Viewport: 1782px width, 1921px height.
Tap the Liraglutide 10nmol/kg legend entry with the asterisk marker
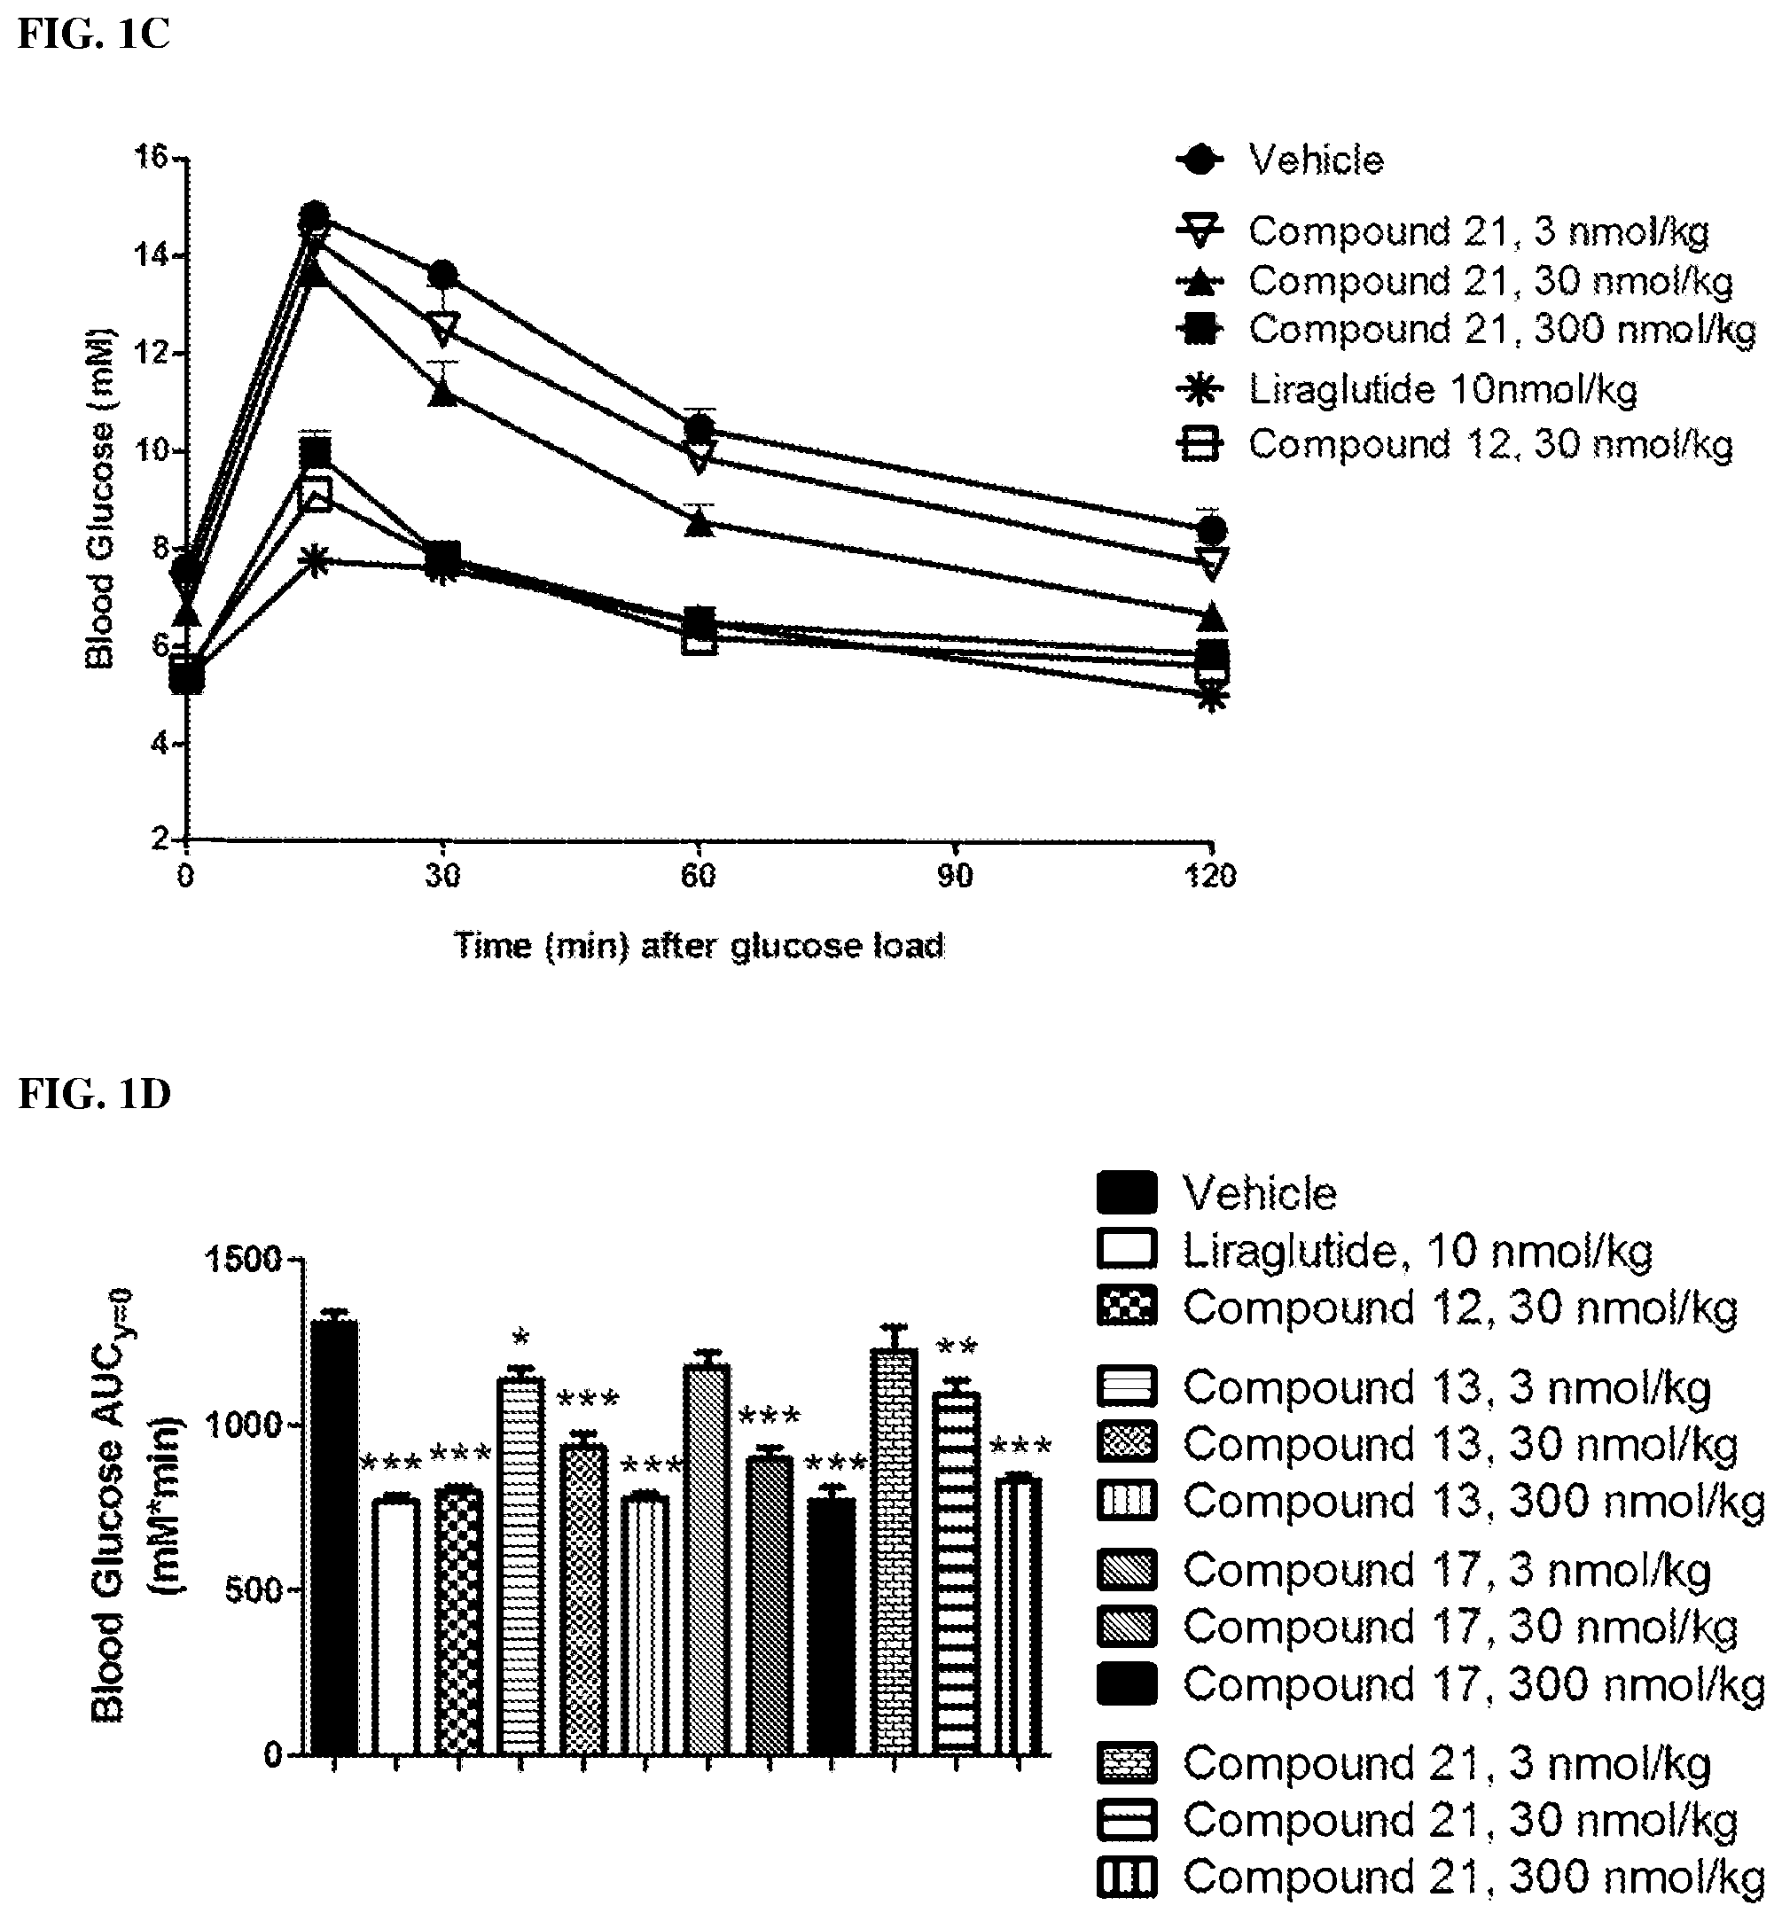[x=1407, y=389]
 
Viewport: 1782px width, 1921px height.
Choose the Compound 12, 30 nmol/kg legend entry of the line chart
[x=1454, y=444]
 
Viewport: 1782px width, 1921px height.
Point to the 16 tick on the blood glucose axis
[x=152, y=156]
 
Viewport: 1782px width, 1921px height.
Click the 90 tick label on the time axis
[x=955, y=876]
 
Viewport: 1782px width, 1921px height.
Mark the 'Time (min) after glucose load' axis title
[x=700, y=946]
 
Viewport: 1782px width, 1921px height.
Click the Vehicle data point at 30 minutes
[x=442, y=275]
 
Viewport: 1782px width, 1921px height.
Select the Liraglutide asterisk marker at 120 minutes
[x=1212, y=696]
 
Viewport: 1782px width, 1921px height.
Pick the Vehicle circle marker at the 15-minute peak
[x=315, y=216]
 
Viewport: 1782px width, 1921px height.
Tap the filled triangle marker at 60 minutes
[x=700, y=524]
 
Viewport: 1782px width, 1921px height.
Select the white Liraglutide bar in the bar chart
[x=395, y=1626]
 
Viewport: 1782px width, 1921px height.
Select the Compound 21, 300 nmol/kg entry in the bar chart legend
[x=1431, y=1878]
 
